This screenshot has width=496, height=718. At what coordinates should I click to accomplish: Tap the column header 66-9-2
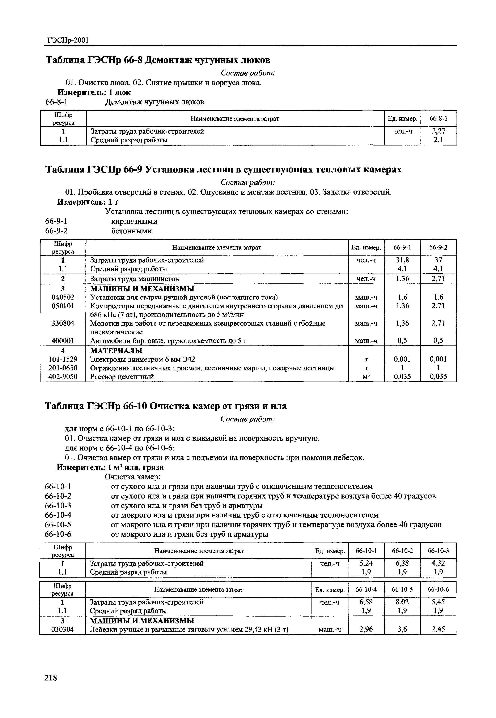[x=438, y=247]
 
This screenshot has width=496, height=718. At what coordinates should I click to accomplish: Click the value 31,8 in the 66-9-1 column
[x=402, y=260]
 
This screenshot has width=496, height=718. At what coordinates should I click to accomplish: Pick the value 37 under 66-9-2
[x=438, y=260]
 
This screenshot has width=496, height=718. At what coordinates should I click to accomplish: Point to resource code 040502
[x=63, y=297]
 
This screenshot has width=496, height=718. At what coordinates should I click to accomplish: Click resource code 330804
[x=63, y=323]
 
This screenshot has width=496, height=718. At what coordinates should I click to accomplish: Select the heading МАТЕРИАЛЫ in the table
[x=116, y=351]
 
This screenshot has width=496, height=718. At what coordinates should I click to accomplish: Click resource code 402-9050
[x=63, y=377]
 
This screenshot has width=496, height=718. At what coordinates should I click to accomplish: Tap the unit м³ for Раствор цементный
[x=366, y=377]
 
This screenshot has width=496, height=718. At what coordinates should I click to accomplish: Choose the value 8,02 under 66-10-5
[x=402, y=602]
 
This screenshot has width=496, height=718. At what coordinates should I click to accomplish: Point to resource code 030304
[x=63, y=630]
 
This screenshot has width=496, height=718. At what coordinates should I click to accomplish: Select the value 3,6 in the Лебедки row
[x=402, y=630]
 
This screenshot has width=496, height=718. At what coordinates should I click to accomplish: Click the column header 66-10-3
[x=438, y=551]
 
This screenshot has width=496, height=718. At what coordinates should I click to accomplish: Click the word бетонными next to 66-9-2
[x=131, y=231]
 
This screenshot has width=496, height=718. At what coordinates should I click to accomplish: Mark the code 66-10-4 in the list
[x=58, y=515]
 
